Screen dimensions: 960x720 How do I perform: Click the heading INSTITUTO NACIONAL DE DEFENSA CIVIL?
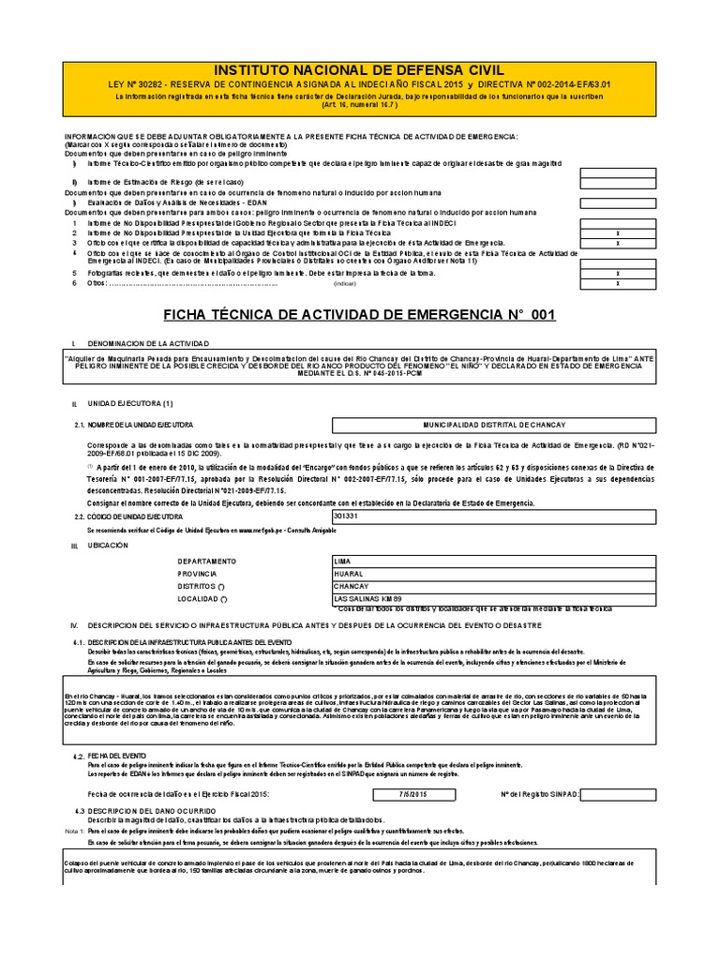pos(360,70)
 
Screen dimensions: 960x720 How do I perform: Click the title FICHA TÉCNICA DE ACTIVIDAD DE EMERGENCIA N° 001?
pos(360,314)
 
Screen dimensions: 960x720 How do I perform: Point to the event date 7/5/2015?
pos(412,794)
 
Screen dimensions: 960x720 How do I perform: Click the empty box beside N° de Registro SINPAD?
pos(620,794)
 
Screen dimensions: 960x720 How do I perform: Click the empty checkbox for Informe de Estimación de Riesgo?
pos(616,182)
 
